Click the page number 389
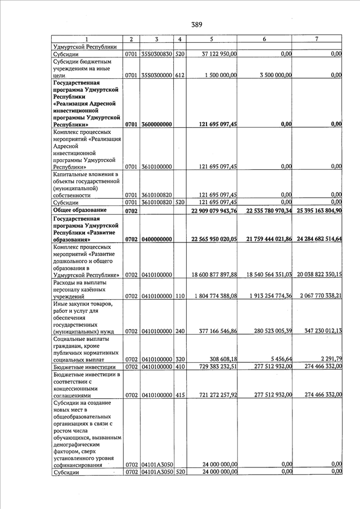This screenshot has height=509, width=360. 196,24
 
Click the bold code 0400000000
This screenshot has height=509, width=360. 157,239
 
